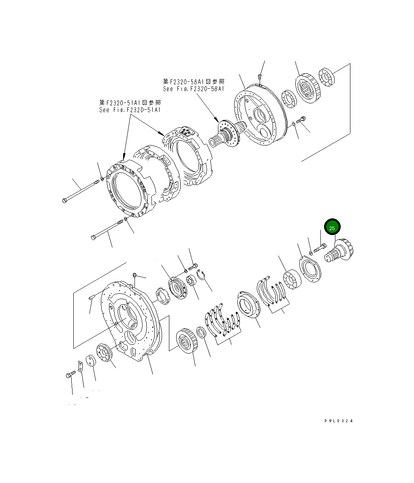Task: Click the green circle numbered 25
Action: (332, 228)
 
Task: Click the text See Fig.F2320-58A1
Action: (193, 89)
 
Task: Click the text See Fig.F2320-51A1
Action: (130, 110)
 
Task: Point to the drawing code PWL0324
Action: (338, 421)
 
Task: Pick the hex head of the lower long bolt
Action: (94, 236)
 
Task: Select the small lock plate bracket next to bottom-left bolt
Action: (80, 366)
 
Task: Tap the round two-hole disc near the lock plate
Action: (91, 361)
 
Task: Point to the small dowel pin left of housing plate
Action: (91, 298)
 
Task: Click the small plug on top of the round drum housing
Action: (260, 76)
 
